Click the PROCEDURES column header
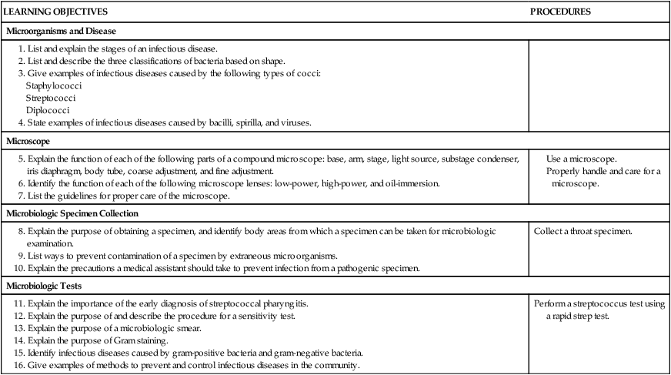(x=561, y=12)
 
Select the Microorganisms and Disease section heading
(x=61, y=32)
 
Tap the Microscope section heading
(x=29, y=142)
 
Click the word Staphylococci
(x=54, y=85)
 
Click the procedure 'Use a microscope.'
(x=582, y=158)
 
